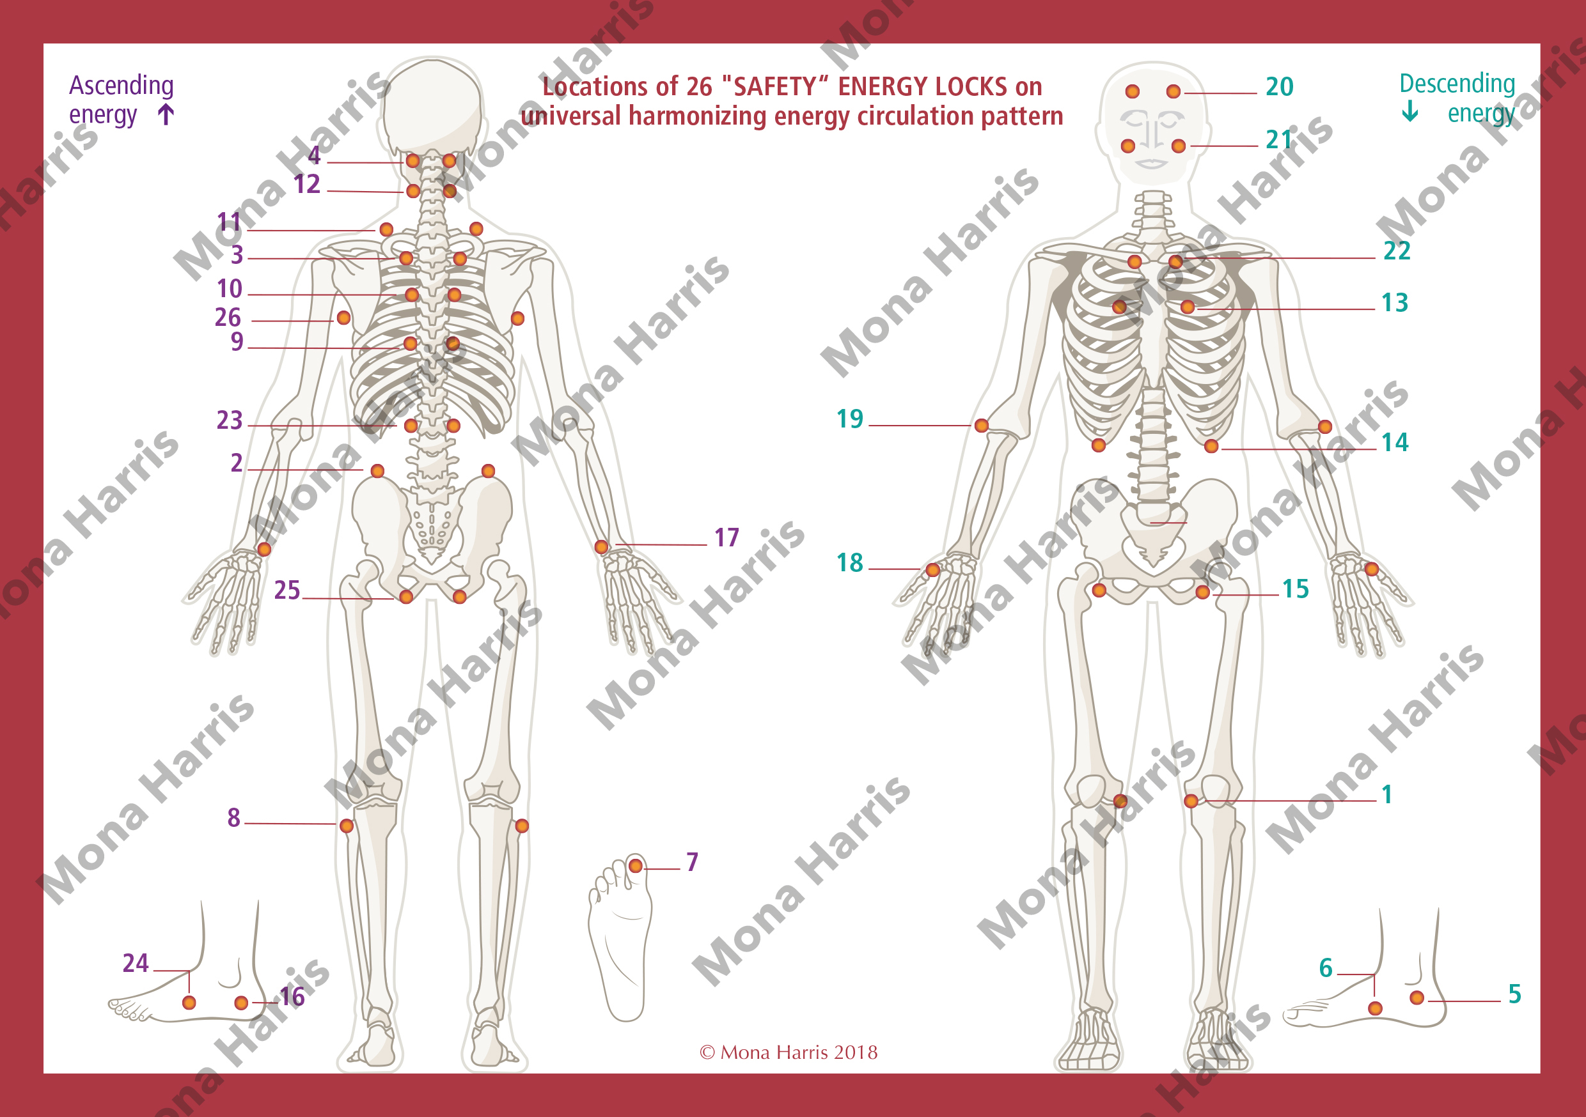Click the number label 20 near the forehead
point(1279,87)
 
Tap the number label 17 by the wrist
point(726,538)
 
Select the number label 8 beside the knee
point(234,818)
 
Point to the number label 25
point(287,590)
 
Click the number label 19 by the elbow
point(850,419)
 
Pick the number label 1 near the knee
point(1386,794)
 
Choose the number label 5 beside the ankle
point(1515,994)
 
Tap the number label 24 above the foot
point(136,963)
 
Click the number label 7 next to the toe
point(692,862)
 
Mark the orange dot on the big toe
point(636,866)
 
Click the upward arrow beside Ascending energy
point(166,114)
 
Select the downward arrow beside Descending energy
point(1411,111)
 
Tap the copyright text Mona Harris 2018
point(789,1052)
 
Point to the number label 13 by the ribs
point(1395,303)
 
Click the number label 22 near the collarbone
point(1397,251)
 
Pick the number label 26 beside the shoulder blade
point(228,318)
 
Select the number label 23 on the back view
point(230,420)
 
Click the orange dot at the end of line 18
point(932,570)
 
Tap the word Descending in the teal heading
point(1457,84)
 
